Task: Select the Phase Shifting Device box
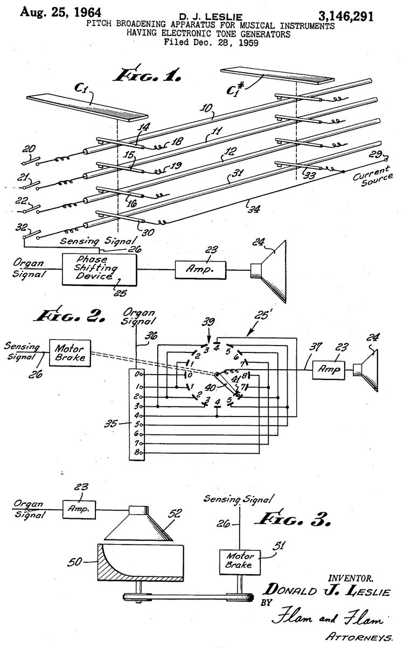tap(99, 267)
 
